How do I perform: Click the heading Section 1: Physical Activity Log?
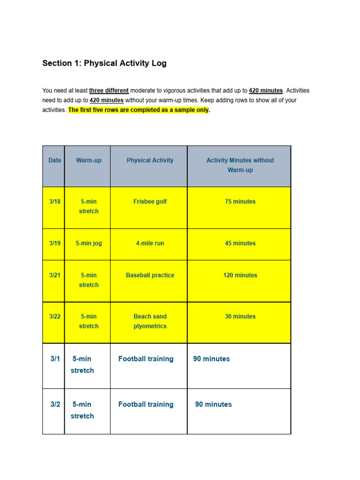pyautogui.click(x=104, y=63)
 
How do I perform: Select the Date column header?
pyautogui.click(x=54, y=160)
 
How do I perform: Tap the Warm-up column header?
pyautogui.click(x=89, y=160)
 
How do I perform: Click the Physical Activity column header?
pyautogui.click(x=150, y=160)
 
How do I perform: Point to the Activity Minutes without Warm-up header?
pyautogui.click(x=240, y=165)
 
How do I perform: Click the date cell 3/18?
pyautogui.click(x=54, y=202)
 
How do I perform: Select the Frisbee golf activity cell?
pyautogui.click(x=150, y=202)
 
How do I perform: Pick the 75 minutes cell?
pyautogui.click(x=240, y=202)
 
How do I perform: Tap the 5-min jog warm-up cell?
pyautogui.click(x=89, y=243)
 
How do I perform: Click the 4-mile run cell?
pyautogui.click(x=150, y=243)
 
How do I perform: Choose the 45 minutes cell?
pyautogui.click(x=240, y=243)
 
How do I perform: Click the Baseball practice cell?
pyautogui.click(x=150, y=275)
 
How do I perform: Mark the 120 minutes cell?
pyautogui.click(x=240, y=275)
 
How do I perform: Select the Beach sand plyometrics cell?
pyautogui.click(x=150, y=321)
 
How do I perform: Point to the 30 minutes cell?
pyautogui.click(x=240, y=316)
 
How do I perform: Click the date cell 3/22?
pyautogui.click(x=54, y=316)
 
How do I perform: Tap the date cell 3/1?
pyautogui.click(x=55, y=359)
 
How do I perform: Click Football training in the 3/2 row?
pyautogui.click(x=146, y=404)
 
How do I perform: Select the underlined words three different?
pyautogui.click(x=109, y=90)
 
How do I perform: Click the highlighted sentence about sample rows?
pyautogui.click(x=139, y=110)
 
